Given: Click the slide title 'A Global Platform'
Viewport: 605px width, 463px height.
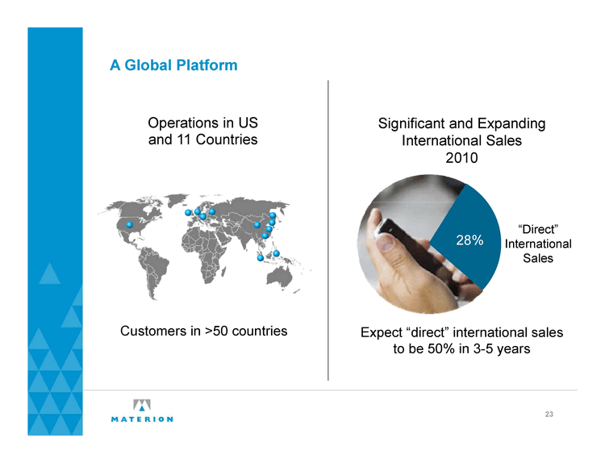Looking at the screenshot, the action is tap(173, 65).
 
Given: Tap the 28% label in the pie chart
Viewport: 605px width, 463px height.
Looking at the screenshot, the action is tap(469, 240).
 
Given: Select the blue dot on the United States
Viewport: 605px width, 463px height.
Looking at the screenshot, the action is tap(130, 224).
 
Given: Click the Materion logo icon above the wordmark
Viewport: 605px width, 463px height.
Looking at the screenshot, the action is tap(142, 405).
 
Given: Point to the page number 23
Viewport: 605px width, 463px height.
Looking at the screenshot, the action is tap(549, 415).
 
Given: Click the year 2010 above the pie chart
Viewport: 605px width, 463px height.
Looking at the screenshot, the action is tap(461, 158).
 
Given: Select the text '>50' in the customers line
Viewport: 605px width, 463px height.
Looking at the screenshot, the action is tap(217, 331).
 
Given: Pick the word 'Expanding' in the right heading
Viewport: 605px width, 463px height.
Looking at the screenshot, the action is tap(511, 124).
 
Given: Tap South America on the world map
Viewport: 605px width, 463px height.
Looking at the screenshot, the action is tap(153, 270).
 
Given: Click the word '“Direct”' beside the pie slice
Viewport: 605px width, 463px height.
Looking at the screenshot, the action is tap(538, 230).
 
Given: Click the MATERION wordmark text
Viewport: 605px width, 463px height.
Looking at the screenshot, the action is tap(142, 419).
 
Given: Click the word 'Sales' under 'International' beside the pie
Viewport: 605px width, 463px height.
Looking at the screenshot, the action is tap(538, 258).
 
